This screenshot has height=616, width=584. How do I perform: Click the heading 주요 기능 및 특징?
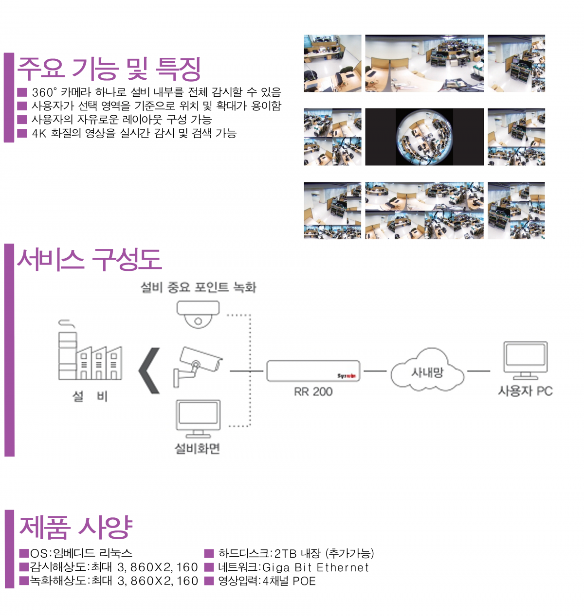coord(109,69)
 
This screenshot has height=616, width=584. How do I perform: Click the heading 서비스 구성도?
coord(90,259)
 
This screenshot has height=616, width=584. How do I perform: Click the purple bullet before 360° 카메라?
coord(21,92)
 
